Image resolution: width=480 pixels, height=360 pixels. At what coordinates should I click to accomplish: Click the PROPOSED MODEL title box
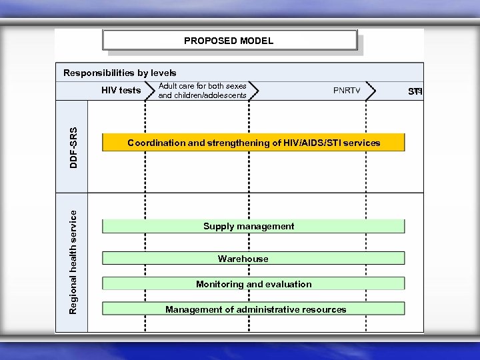[229, 41]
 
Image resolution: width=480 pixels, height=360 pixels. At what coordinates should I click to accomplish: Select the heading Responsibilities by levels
[120, 72]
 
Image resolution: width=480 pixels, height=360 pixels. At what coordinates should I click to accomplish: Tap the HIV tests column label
[121, 90]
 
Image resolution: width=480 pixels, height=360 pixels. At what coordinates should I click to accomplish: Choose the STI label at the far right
[415, 91]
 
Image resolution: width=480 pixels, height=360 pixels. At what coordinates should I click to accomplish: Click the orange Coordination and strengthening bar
[253, 143]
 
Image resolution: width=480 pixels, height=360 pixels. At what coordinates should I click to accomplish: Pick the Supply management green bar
[253, 226]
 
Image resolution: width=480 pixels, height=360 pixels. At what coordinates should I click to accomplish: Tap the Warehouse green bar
[253, 259]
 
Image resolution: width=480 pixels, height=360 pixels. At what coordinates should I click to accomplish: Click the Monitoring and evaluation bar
[253, 284]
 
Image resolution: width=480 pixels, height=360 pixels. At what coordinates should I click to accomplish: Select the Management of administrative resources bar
[253, 309]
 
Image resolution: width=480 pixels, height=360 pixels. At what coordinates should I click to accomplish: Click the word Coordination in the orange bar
[155, 143]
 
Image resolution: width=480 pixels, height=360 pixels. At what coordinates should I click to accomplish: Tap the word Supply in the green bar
[218, 226]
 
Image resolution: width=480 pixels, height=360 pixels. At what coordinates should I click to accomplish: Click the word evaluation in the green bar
[288, 284]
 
